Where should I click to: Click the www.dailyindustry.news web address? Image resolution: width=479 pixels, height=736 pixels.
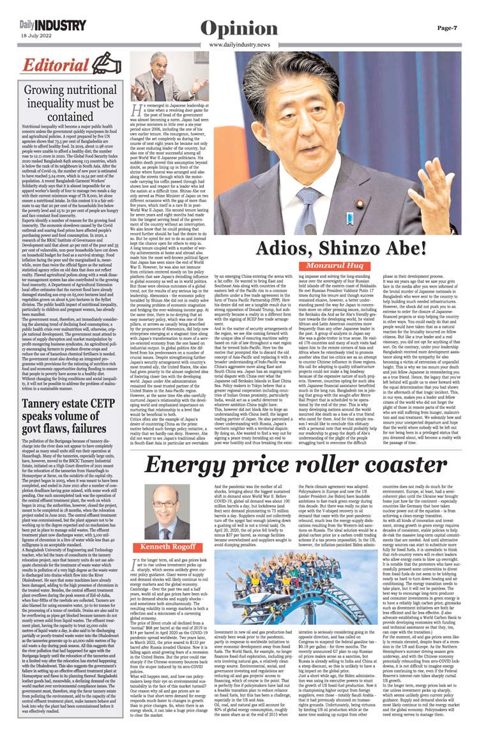[239, 45]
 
